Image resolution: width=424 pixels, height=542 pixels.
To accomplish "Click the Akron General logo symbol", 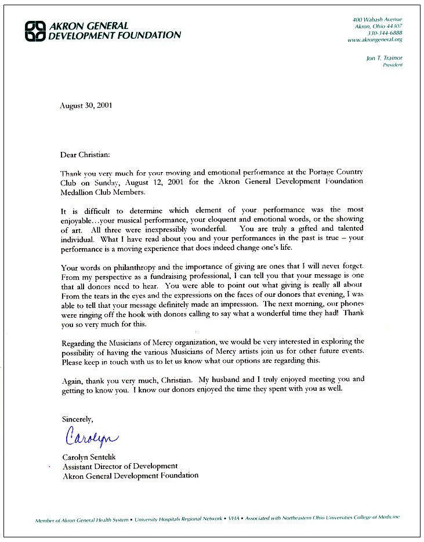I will click(34, 31).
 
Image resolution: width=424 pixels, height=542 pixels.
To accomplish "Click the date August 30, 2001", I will click(86, 106).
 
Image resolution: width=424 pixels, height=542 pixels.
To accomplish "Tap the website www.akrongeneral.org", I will click(375, 40).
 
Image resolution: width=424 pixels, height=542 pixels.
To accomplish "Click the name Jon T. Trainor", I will click(384, 58).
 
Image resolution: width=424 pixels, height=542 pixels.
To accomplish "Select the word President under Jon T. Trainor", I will click(392, 65).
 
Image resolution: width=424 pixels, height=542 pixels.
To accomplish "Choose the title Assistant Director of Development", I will click(119, 466).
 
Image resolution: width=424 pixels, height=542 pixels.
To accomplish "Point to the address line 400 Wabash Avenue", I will click(381, 20).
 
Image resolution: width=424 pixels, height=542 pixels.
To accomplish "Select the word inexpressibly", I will click(165, 228).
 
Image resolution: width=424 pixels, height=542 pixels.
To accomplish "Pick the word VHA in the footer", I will click(233, 519).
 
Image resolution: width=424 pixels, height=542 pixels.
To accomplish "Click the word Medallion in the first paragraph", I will click(78, 191).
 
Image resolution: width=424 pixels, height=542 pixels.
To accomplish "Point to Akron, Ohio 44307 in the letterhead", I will click(379, 27).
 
